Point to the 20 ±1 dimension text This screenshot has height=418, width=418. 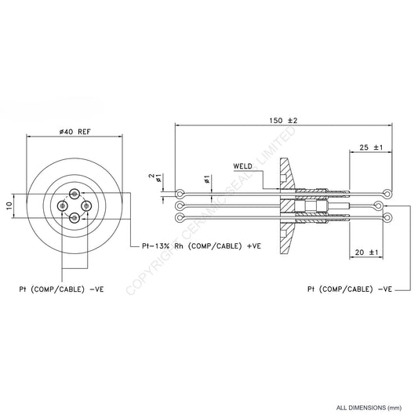tap(365, 253)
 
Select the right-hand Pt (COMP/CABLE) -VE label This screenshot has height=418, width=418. tap(350, 289)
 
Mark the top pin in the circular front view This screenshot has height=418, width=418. tap(75, 194)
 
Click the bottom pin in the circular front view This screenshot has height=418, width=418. tap(75, 218)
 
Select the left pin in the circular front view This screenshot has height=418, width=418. tap(63, 206)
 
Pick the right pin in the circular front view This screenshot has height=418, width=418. tap(86, 206)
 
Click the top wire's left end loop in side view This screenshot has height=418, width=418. tap(180, 193)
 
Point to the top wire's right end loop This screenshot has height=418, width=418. tap(387, 193)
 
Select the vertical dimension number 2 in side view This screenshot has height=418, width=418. tap(151, 177)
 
